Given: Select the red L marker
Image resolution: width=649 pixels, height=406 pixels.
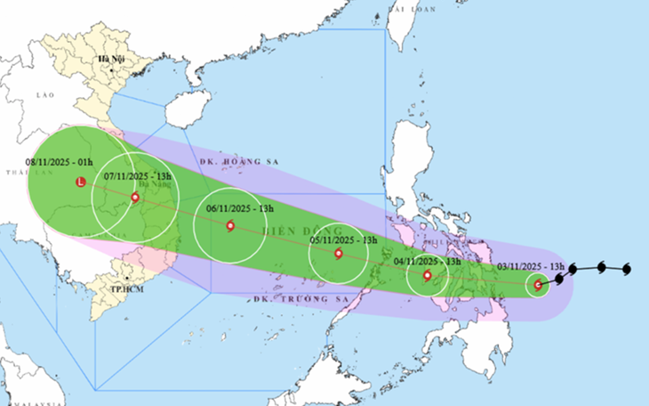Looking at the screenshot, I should pos(81,183).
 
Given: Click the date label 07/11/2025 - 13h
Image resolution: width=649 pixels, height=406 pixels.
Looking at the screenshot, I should pos(138,177).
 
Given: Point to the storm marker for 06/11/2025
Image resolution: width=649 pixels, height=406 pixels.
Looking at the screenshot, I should pos(230,225).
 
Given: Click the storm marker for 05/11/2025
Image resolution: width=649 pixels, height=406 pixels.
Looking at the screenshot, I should pos(339,254).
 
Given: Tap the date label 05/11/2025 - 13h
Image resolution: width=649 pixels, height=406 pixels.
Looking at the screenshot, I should pos(343,239).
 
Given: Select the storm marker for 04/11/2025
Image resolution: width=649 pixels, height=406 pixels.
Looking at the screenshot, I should pos(428,275).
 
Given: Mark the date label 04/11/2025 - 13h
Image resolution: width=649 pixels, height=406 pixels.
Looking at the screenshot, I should pos(428,261).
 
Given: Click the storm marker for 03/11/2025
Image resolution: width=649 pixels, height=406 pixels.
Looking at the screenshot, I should pos(537,285).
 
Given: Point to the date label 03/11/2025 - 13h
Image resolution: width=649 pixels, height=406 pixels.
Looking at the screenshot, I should pos(531,266).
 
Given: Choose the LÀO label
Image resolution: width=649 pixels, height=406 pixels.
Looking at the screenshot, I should pos(41,93).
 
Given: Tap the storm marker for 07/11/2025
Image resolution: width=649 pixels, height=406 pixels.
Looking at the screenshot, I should pos(134,197).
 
